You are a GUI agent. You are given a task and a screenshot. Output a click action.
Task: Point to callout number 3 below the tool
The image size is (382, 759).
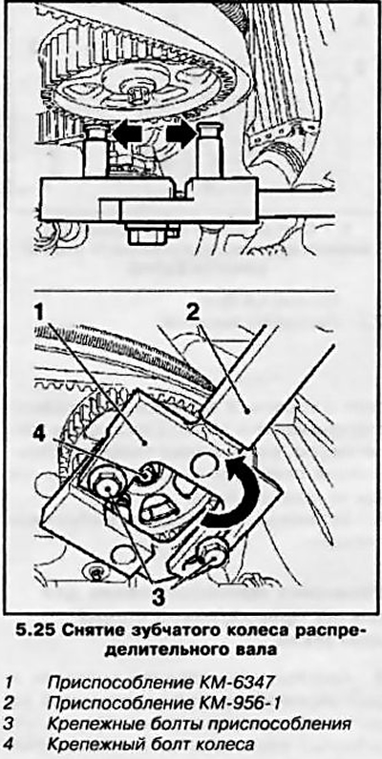(156, 595)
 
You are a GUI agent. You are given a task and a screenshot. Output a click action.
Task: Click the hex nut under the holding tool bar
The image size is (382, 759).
(145, 234)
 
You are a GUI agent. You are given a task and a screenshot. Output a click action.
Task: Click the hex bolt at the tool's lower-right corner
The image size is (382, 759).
(209, 552)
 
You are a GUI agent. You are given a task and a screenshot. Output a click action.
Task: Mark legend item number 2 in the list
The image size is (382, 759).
(10, 702)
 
